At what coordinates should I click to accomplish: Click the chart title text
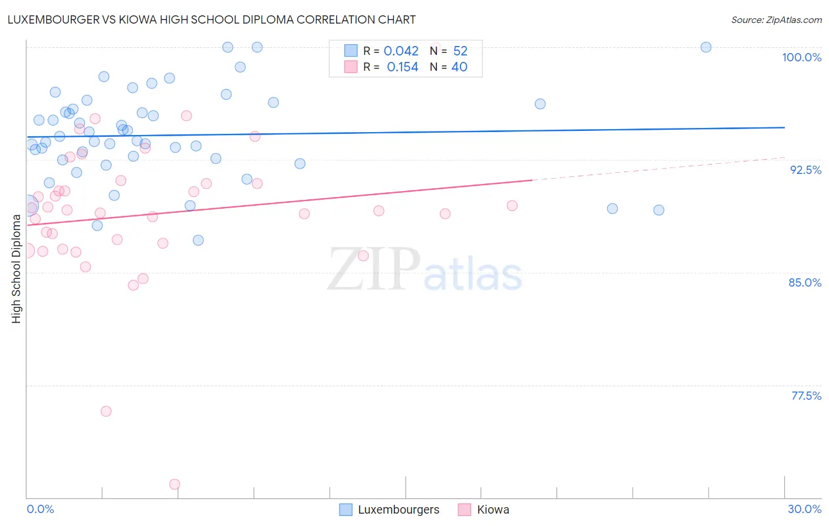tap(212, 19)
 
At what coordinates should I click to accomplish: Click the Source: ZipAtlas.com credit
tap(776, 20)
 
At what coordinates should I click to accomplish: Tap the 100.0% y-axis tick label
tap(801, 57)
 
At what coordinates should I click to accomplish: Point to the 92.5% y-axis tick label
tap(805, 170)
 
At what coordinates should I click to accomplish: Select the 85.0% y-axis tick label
tap(805, 282)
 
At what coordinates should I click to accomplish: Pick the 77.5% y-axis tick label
tap(806, 396)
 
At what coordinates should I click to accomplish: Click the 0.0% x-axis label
tap(40, 509)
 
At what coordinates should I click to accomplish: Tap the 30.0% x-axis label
tap(804, 509)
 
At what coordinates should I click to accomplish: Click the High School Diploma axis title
tap(17, 268)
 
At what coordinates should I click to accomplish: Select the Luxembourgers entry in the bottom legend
tap(398, 509)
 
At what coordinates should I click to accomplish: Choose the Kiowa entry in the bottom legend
tap(493, 509)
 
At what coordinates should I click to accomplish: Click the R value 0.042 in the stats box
tap(401, 51)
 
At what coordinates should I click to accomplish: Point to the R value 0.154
tap(402, 67)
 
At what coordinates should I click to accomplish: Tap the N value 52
tap(460, 51)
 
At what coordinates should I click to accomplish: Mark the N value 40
tap(459, 67)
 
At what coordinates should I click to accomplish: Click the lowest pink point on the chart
tap(175, 484)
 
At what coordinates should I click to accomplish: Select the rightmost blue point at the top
tap(706, 47)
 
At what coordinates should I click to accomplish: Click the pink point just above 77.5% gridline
tap(106, 411)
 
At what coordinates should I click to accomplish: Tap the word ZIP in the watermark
tap(373, 270)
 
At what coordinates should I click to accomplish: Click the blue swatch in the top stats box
tap(351, 51)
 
